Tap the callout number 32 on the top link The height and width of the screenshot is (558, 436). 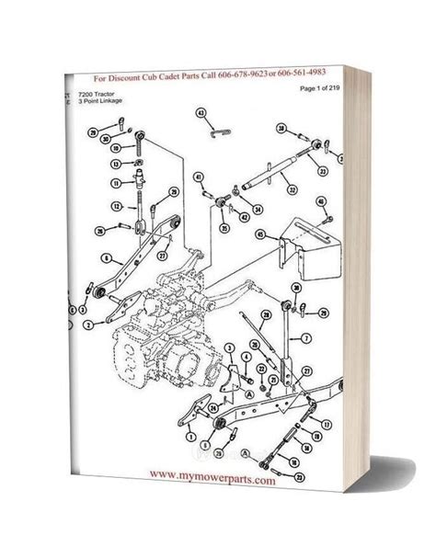click(x=291, y=190)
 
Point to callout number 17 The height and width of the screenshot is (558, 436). click(x=326, y=424)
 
